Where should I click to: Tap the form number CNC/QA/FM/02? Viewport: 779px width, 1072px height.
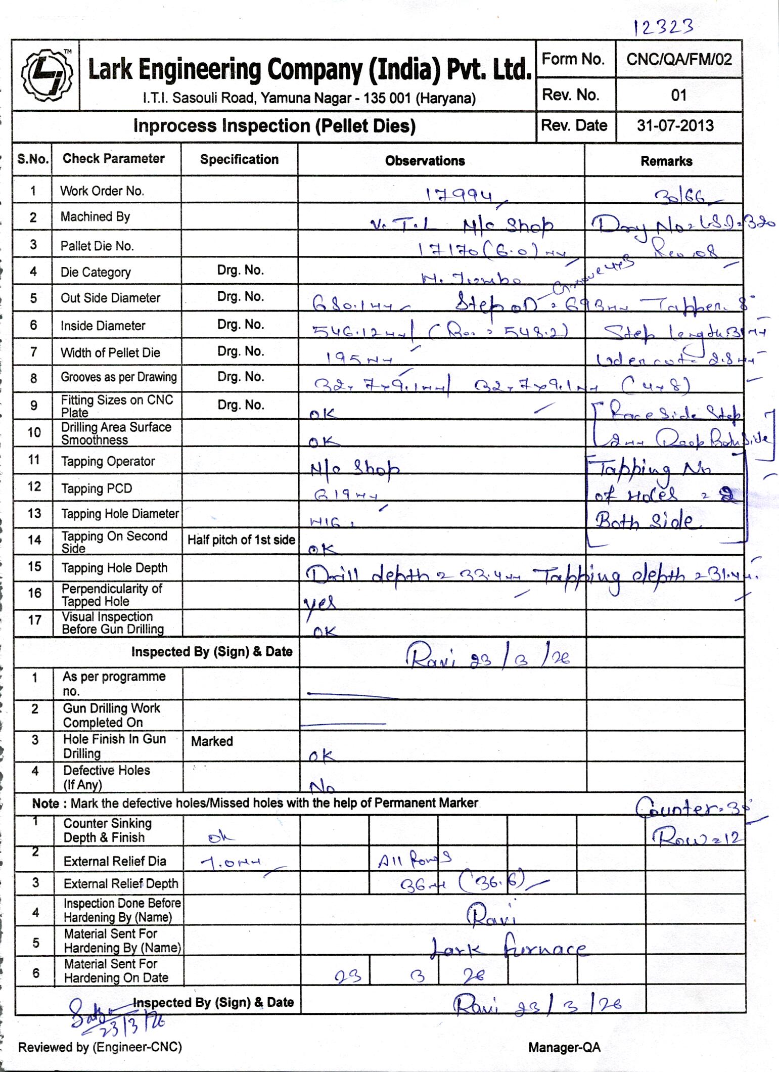(678, 60)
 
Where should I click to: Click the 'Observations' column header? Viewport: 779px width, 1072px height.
(425, 161)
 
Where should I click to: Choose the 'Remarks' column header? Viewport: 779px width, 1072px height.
(666, 161)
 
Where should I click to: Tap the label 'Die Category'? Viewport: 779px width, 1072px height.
(96, 272)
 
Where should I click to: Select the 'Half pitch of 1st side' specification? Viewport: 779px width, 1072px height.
(241, 540)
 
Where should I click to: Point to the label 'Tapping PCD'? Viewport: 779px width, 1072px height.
(97, 488)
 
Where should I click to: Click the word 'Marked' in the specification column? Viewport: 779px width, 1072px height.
(212, 741)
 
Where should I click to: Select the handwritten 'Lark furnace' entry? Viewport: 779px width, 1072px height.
(508, 950)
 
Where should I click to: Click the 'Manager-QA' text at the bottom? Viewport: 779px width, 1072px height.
(564, 1047)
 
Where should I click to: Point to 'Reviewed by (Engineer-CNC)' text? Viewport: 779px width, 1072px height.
(100, 1047)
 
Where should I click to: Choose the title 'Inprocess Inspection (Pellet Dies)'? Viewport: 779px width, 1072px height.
(274, 126)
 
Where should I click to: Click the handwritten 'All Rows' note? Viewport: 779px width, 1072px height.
(414, 859)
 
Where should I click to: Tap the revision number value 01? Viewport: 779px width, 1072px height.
(678, 95)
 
